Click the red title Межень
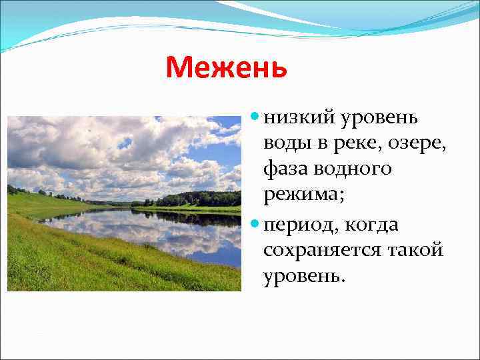226,67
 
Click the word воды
287,144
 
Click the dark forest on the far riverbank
200,198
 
